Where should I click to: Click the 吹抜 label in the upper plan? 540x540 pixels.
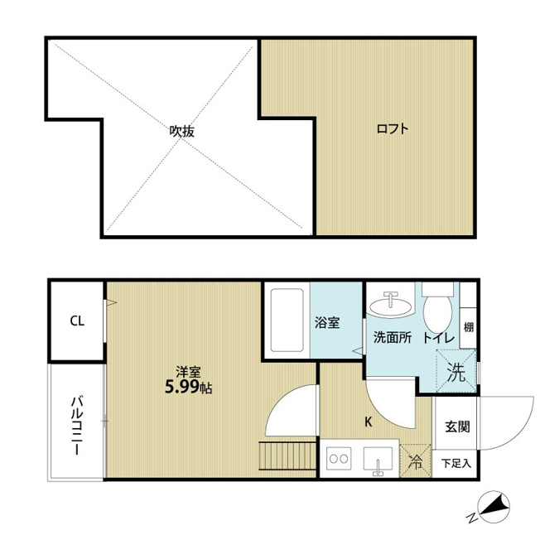click(182, 131)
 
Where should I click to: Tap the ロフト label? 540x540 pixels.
click(393, 129)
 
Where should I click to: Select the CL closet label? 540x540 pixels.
click(77, 321)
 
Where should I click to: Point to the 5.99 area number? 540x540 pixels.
click(182, 388)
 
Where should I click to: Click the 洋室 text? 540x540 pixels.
click(188, 372)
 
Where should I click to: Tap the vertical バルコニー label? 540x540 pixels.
click(77, 426)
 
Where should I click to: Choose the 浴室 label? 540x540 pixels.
click(327, 323)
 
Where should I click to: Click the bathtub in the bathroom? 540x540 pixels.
click(287, 321)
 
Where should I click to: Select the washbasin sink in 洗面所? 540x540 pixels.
click(391, 304)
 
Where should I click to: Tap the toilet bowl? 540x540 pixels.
click(437, 309)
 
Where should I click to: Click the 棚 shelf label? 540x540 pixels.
click(469, 327)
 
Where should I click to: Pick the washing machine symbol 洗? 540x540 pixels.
click(456, 372)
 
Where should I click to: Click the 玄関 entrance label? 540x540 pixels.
click(457, 427)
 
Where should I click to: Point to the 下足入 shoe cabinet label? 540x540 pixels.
click(456, 464)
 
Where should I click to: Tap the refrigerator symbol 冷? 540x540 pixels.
click(415, 461)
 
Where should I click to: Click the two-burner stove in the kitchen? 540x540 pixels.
click(339, 458)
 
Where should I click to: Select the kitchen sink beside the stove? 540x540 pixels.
click(378, 460)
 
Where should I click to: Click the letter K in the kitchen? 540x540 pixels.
click(369, 422)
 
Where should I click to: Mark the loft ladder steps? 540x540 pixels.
click(288, 456)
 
